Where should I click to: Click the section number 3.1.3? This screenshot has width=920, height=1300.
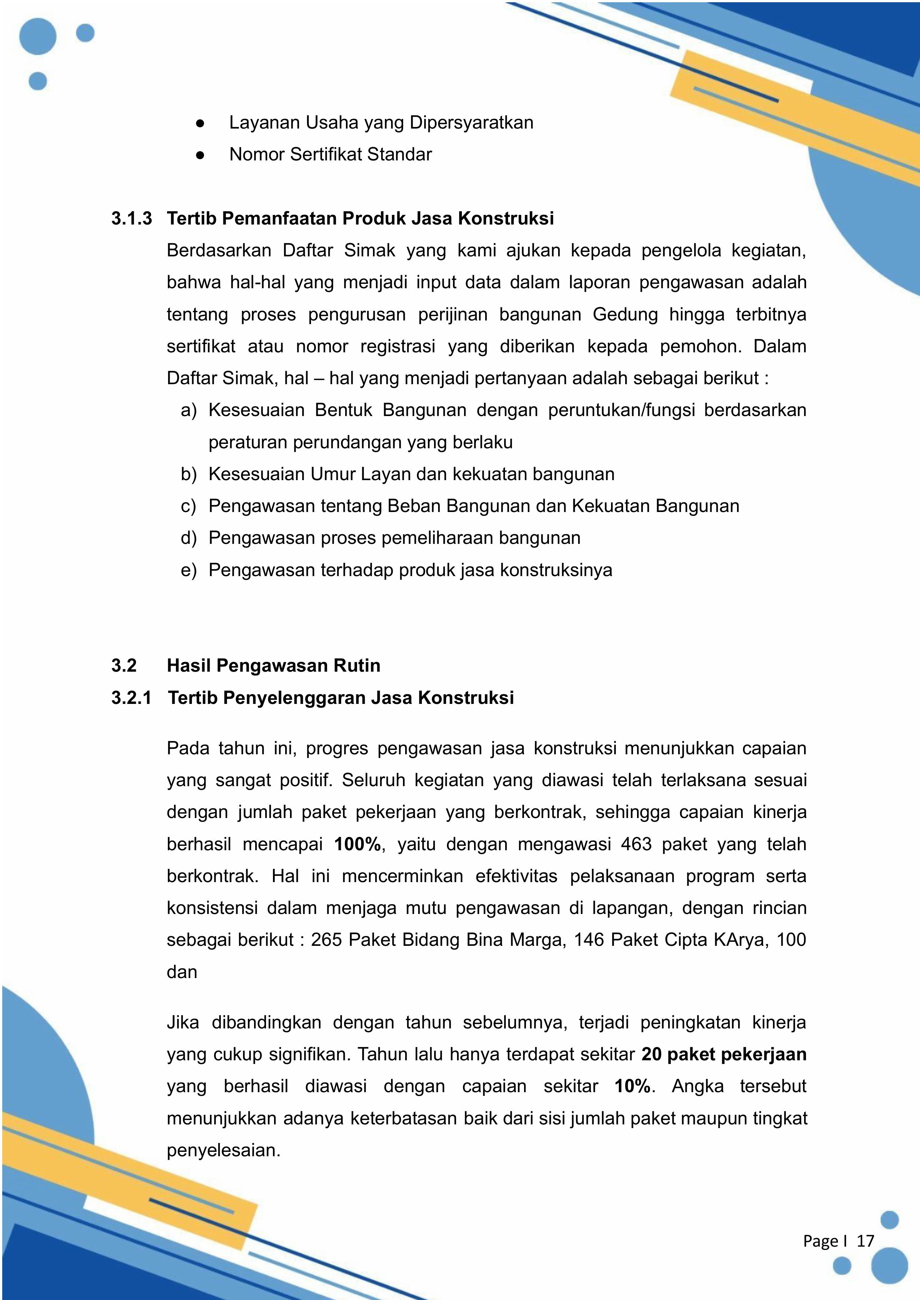131,218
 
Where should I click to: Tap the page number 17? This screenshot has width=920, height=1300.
865,1241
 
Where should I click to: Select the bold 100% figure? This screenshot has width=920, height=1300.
357,844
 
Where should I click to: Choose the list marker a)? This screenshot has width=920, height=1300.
189,410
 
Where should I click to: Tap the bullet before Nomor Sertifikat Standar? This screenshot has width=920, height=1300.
200,155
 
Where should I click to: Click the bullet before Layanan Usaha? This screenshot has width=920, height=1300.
200,123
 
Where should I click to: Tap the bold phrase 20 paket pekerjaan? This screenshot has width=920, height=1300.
724,1054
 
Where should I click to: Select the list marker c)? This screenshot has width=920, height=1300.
189,506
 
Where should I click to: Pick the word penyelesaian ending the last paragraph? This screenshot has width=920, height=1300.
223,1150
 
